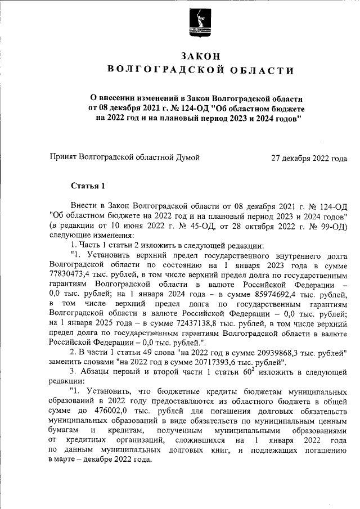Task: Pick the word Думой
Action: coord(188,158)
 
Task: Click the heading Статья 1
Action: coord(88,186)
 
